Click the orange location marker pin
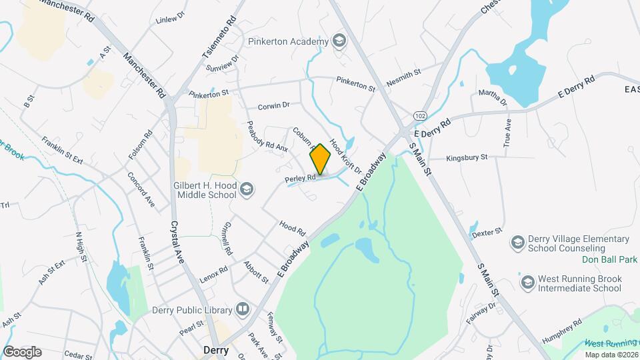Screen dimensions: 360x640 tap(321, 159)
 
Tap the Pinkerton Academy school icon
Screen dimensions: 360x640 tap(339, 41)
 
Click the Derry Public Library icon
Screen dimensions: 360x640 tap(243, 309)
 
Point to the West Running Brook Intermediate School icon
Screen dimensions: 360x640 tap(527, 283)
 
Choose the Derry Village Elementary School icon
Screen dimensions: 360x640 tap(517, 243)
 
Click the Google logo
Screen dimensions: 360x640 tap(22, 352)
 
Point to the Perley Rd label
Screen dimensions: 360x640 tap(299, 179)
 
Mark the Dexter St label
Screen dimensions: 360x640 tap(487, 233)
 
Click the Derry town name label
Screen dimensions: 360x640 tap(215, 350)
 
